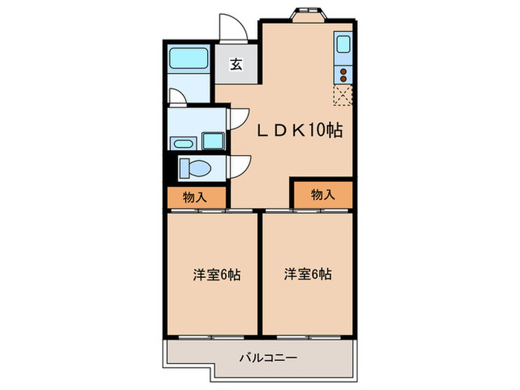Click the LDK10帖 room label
[299, 131]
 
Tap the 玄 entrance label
[235, 65]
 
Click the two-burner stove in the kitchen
[344, 73]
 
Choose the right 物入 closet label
[322, 195]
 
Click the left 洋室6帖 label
[216, 274]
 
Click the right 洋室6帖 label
[307, 274]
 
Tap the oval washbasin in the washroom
[182, 142]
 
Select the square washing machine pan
[213, 140]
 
